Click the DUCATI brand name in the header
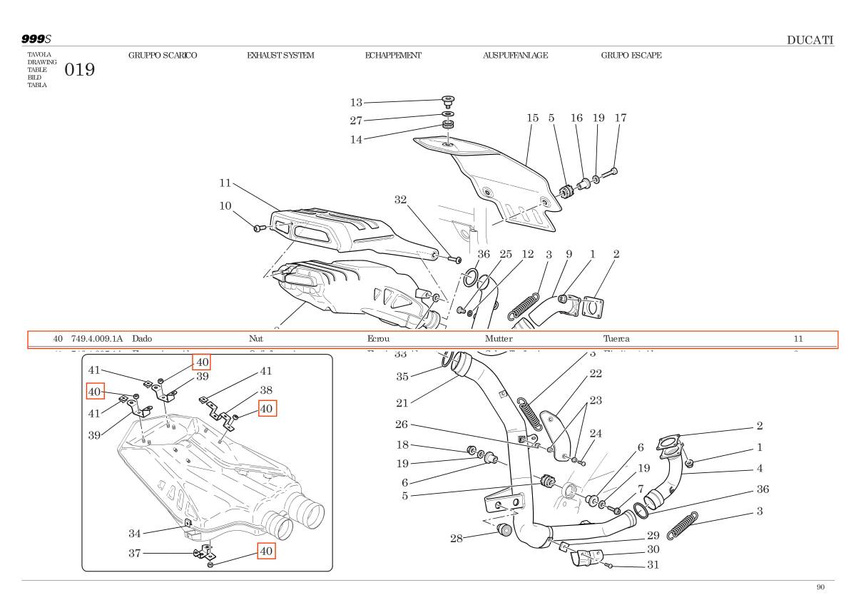point(810,40)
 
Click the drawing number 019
point(79,70)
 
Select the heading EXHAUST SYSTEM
point(280,55)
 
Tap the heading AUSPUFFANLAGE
point(515,55)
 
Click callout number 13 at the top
point(356,102)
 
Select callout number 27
point(356,121)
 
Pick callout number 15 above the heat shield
point(532,118)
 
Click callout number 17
point(620,118)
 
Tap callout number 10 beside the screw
point(225,206)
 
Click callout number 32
point(401,200)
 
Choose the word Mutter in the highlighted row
point(499,339)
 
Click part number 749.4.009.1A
point(97,339)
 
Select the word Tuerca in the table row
point(616,339)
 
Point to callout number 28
point(457,538)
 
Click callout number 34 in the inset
point(135,533)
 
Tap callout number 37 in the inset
point(135,553)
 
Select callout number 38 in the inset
point(266,390)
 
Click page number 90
point(820,587)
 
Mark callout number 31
point(653,565)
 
